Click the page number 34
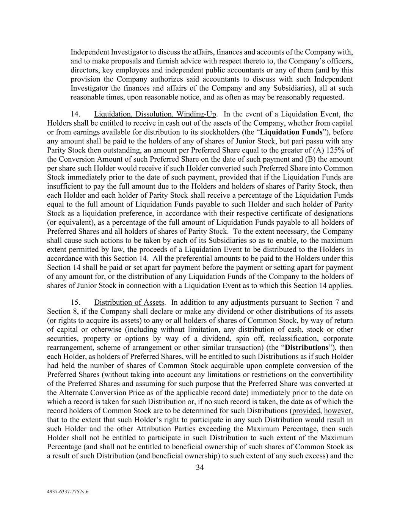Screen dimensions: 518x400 (200, 467)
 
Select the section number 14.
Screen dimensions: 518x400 (75, 114)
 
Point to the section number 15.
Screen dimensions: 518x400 (75, 302)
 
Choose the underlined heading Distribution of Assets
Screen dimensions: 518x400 (129, 302)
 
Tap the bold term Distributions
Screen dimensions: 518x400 (306, 348)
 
